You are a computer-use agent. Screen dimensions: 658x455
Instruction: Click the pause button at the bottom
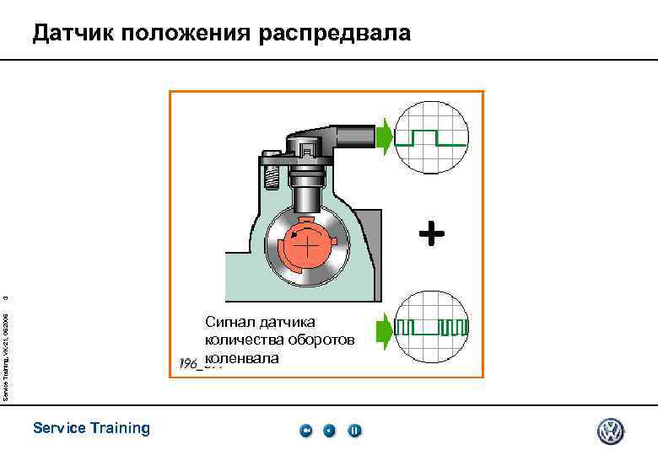point(355,431)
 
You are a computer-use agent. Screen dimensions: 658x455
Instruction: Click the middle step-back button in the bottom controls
point(330,431)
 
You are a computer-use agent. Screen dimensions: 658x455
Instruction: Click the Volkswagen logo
point(611,431)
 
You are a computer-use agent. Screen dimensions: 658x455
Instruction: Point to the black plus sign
point(431,233)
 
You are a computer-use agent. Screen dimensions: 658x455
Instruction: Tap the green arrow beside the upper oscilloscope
point(385,137)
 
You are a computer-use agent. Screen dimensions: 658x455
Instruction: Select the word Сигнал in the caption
point(230,321)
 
